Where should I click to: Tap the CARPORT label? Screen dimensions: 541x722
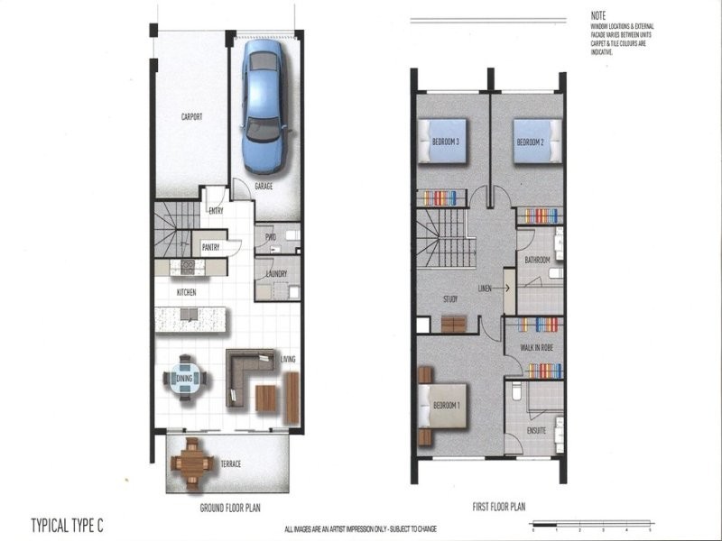(190, 117)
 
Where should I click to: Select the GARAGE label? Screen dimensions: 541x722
(264, 187)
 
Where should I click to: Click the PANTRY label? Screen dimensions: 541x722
(212, 246)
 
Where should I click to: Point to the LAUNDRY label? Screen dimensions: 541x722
(276, 274)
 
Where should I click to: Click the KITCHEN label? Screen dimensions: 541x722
(187, 293)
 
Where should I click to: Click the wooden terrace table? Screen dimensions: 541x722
(192, 463)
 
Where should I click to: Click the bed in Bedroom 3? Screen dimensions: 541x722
(443, 142)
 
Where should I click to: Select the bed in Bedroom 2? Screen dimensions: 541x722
(537, 142)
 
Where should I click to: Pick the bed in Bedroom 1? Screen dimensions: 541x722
(440, 408)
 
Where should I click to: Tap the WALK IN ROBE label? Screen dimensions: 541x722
(535, 347)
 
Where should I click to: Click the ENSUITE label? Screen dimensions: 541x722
(537, 431)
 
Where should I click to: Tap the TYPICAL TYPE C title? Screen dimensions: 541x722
(69, 522)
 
